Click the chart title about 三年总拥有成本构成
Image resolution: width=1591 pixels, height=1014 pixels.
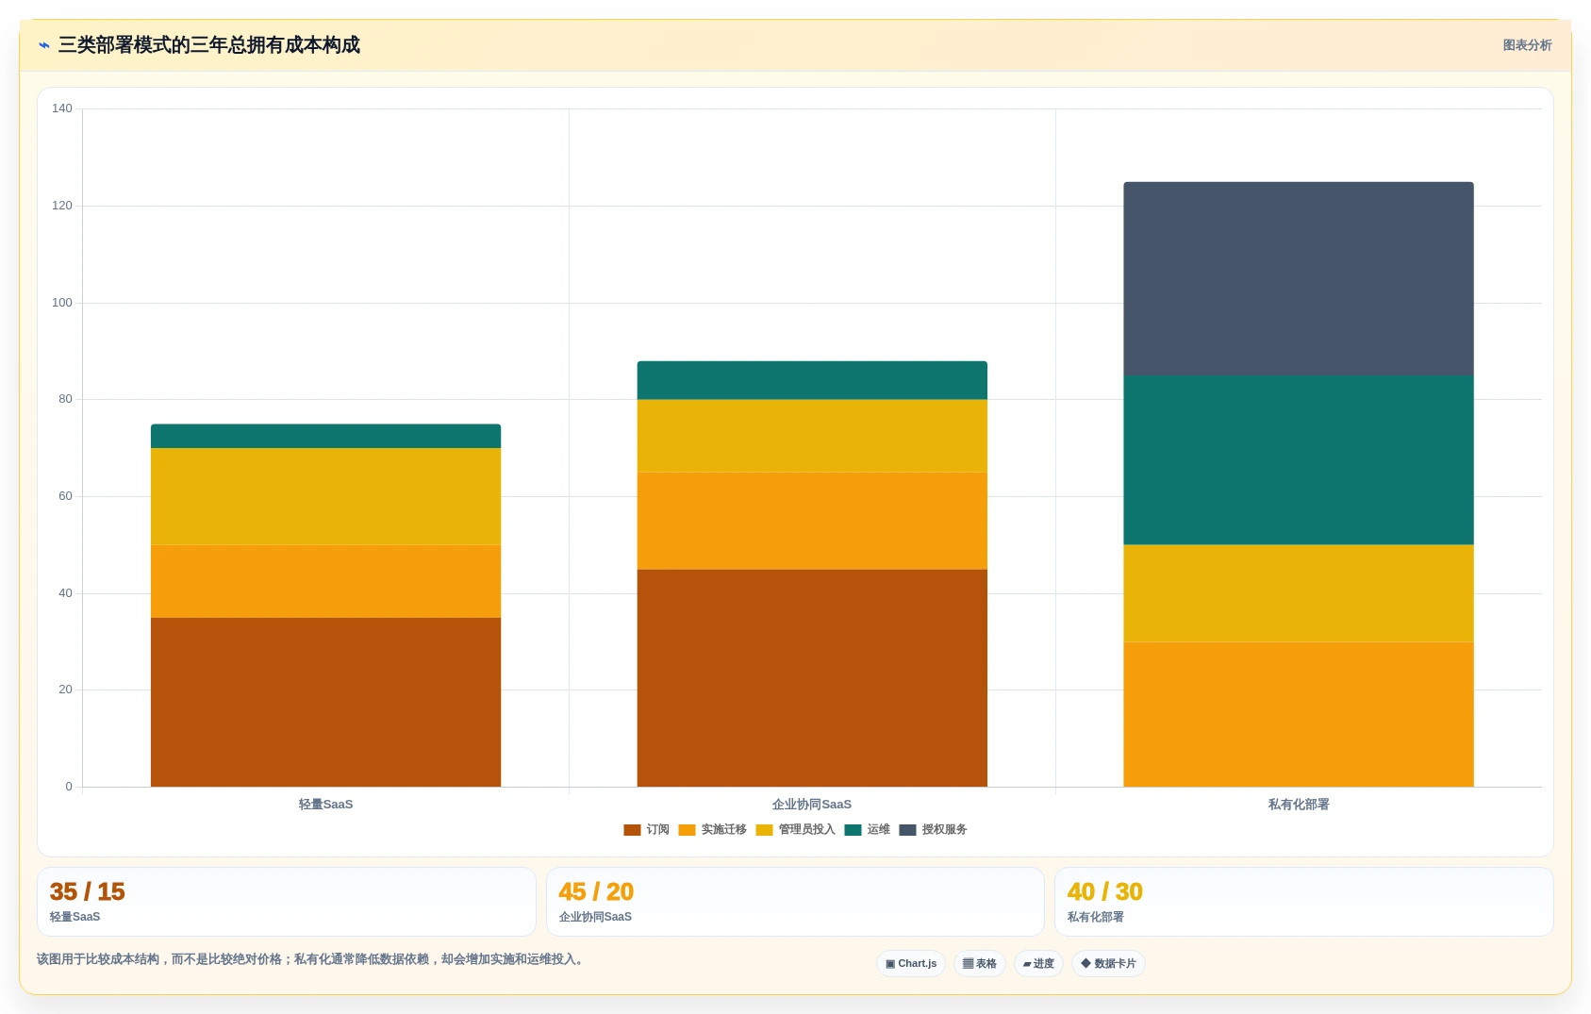208,45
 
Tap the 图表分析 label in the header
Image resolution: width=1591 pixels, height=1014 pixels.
1527,45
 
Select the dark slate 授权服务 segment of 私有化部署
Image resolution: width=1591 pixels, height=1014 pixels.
1299,278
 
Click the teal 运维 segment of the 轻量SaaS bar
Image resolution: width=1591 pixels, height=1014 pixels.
325,437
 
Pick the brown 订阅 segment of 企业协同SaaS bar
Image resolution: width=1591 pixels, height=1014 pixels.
812,678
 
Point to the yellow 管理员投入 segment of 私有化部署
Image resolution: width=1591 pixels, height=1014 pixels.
1299,593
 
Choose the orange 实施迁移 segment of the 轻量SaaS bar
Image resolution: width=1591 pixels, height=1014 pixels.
325,581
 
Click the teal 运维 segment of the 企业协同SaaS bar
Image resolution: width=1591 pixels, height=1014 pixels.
812,380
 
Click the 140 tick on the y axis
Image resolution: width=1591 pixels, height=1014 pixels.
62,108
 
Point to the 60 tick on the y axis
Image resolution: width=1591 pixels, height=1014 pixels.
65,496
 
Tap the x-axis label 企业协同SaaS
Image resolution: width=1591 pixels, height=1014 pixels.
812,805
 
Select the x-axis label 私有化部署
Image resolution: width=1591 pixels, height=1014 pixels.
1299,805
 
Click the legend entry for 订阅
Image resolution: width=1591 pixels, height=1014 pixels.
646,829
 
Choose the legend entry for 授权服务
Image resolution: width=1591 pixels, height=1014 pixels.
934,829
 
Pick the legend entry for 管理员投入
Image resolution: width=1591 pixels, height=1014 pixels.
796,829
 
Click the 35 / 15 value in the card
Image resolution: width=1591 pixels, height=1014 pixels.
88,891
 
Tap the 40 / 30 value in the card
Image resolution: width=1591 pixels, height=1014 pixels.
1104,891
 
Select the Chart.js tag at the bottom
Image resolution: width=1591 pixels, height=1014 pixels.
911,964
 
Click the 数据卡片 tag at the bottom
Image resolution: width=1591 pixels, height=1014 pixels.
1108,964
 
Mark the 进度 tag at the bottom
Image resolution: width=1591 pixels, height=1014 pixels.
1038,964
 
